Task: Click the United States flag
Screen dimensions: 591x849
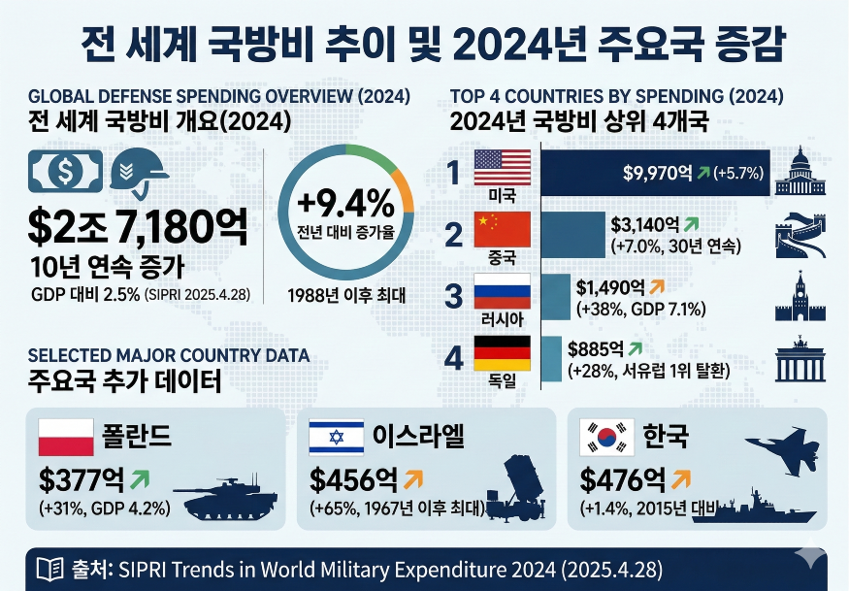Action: (502, 167)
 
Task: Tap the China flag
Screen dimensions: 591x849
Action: (502, 229)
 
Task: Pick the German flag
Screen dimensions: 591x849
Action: (502, 351)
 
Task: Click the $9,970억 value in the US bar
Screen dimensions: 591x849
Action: (657, 174)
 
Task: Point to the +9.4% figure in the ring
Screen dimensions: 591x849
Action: (345, 203)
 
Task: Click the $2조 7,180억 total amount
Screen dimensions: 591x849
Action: (137, 226)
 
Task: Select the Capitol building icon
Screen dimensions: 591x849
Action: (800, 172)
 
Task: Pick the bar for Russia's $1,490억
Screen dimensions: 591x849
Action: (554, 297)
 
